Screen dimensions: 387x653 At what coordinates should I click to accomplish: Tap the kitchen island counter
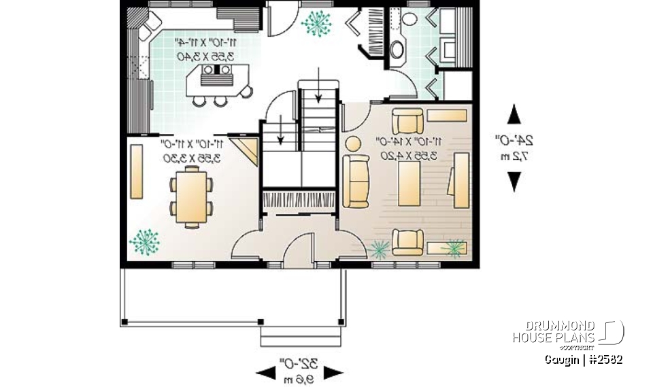tap(218, 81)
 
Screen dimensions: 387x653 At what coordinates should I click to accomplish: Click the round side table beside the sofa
tap(353, 144)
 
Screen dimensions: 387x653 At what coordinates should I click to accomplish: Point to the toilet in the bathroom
tap(409, 18)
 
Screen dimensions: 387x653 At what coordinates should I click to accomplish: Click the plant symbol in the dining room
tap(144, 241)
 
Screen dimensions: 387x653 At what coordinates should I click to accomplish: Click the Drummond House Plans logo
tap(567, 332)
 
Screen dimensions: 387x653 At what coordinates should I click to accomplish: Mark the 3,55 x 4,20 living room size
tap(411, 156)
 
